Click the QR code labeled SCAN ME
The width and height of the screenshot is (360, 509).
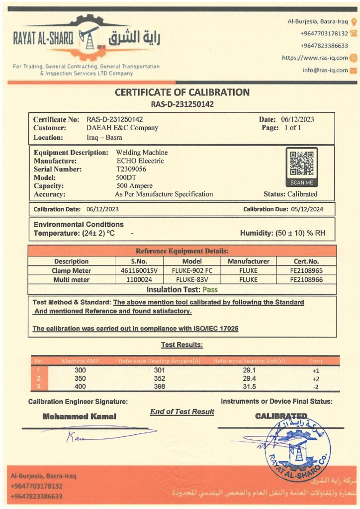coord(302,164)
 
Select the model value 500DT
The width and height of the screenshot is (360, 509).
coord(125,177)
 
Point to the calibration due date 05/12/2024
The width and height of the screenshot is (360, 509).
coord(304,209)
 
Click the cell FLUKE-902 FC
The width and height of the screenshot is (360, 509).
coord(192,271)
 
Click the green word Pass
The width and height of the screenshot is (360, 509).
coord(209,289)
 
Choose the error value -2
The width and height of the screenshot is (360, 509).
coord(315,386)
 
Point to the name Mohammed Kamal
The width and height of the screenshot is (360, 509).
coord(80,417)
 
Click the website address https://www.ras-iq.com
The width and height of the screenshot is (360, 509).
coord(315,58)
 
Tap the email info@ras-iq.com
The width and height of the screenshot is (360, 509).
coord(325,70)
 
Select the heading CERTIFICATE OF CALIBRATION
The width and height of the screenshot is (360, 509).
coord(182,92)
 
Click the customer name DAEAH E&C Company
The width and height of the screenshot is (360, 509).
coord(122,128)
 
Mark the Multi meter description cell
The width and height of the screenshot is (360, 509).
coord(71,280)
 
